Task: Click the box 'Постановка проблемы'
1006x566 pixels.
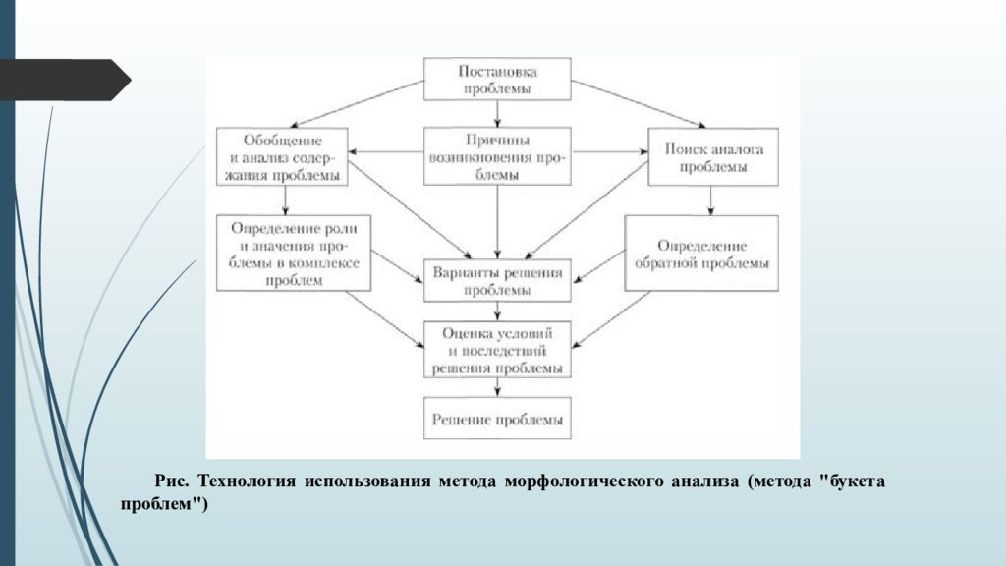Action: click(497, 79)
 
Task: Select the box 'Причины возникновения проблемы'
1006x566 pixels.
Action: click(497, 156)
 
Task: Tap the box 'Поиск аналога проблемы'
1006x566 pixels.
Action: click(713, 156)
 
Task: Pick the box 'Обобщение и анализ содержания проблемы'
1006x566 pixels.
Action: click(282, 156)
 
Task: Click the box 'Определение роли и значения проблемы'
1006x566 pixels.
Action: click(294, 253)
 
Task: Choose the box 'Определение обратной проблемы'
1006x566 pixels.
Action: click(701, 253)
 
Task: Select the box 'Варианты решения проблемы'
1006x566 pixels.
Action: click(497, 280)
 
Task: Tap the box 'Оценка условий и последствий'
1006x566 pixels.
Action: click(497, 349)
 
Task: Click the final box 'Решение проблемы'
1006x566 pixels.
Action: click(497, 418)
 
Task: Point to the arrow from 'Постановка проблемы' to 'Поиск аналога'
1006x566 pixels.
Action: click(639, 104)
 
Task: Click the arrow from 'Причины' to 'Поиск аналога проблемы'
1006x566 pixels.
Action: click(609, 152)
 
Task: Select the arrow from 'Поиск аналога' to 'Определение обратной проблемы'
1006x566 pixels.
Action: click(710, 200)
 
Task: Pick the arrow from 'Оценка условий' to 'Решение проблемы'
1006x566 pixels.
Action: click(497, 387)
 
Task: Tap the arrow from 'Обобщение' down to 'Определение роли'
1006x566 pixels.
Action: click(286, 200)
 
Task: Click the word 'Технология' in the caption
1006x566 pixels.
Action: click(247, 481)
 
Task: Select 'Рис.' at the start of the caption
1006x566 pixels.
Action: click(172, 481)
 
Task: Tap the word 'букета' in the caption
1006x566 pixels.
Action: click(856, 481)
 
